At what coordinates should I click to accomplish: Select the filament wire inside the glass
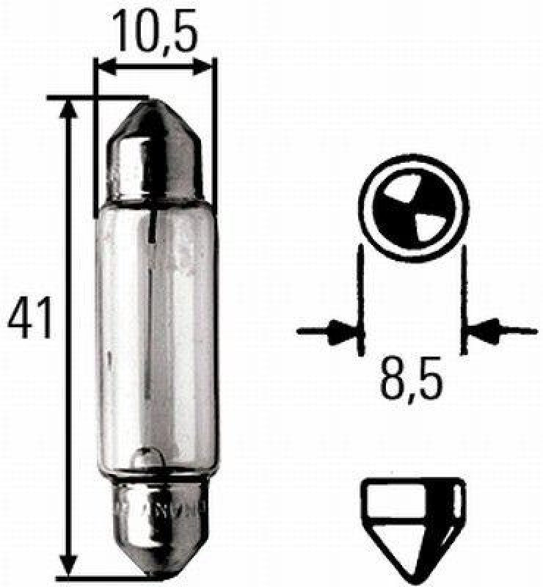(151, 308)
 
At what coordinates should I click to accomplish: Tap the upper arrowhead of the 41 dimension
(68, 109)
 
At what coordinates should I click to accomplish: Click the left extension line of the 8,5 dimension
(360, 301)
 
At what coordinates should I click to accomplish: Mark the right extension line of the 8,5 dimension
(464, 301)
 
